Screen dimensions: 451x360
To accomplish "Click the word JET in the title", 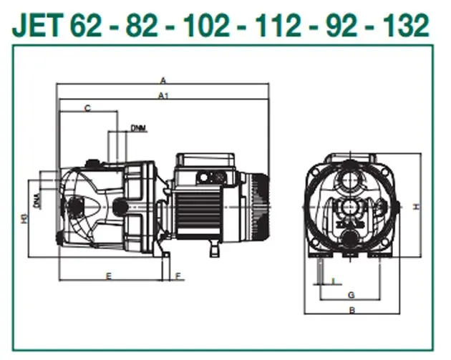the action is tap(38, 25).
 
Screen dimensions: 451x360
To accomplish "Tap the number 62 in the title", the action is tap(86, 25).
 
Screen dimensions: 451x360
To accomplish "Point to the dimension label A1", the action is tap(163, 95).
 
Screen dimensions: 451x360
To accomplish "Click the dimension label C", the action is tap(88, 108).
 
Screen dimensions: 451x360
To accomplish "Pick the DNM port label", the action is tap(138, 128).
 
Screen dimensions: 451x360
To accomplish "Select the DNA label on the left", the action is tap(37, 201).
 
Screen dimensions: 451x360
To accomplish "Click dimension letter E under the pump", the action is tap(108, 276).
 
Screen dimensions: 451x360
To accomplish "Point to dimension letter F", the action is tap(178, 276).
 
